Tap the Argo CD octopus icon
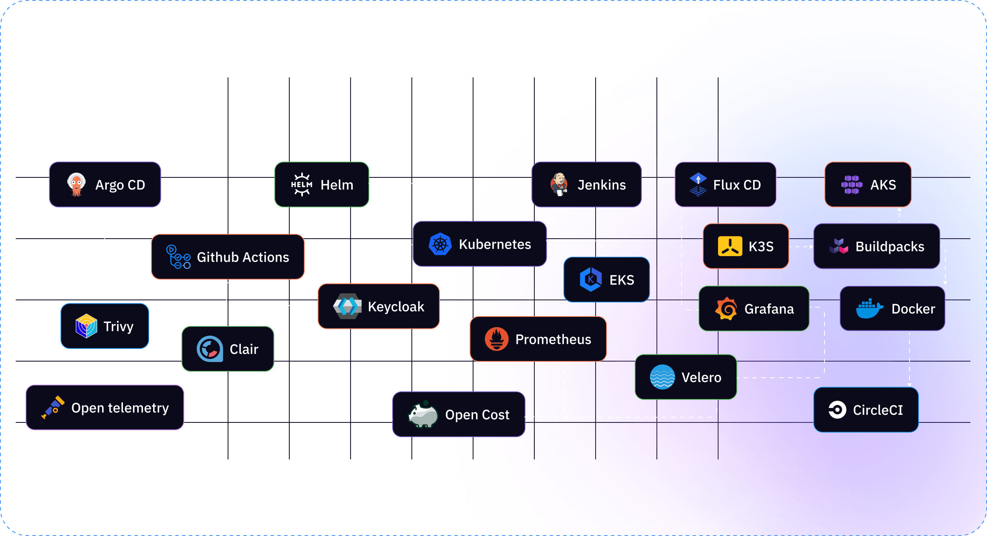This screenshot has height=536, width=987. [77, 184]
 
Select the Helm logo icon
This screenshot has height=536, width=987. [302, 185]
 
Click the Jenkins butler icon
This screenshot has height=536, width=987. [559, 184]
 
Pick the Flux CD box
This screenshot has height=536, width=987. [725, 185]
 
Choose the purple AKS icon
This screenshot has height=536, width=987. [852, 185]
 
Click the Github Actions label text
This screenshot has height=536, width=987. [243, 257]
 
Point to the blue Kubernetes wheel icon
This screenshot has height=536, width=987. [440, 244]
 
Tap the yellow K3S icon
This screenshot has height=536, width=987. [730, 246]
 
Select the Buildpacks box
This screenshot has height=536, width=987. [876, 246]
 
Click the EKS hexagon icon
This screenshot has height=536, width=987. [590, 279]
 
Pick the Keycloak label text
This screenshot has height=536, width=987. [396, 307]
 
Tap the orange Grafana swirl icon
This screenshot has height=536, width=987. [726, 308]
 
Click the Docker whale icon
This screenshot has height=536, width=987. [869, 308]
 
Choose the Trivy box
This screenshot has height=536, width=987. [105, 326]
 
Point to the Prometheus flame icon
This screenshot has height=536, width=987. [496, 339]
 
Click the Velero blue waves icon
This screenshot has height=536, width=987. [662, 377]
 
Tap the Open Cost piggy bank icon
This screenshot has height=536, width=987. [423, 414]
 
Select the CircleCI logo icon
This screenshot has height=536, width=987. [837, 410]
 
